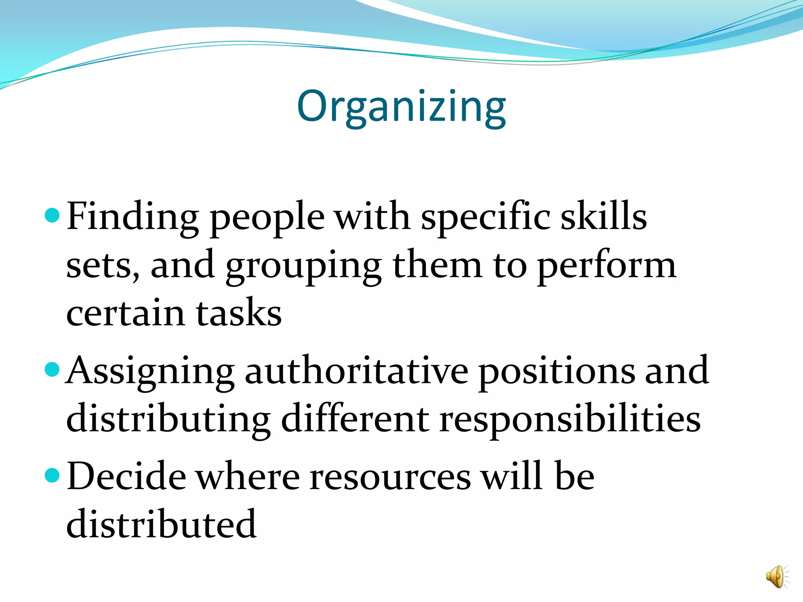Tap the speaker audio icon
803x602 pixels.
pyautogui.click(x=776, y=577)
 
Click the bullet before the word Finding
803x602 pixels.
pyautogui.click(x=52, y=215)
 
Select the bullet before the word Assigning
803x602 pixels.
pyautogui.click(x=52, y=369)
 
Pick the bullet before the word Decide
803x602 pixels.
pyautogui.click(x=52, y=475)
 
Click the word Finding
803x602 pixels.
pyautogui.click(x=133, y=217)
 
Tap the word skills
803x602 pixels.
pyautogui.click(x=604, y=216)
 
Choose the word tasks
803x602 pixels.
pyautogui.click(x=239, y=314)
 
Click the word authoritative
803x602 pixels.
pyautogui.click(x=356, y=371)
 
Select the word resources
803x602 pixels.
pyautogui.click(x=390, y=477)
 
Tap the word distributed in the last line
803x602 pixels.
pyautogui.click(x=161, y=524)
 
